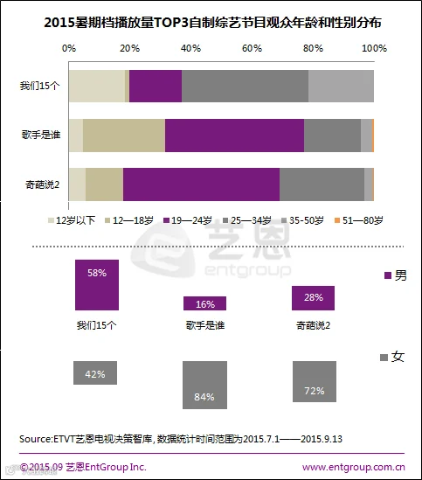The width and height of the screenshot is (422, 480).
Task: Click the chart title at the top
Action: (x=212, y=23)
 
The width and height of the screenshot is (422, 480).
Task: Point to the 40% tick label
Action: (x=190, y=48)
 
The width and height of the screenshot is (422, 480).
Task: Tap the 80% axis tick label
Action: (x=313, y=48)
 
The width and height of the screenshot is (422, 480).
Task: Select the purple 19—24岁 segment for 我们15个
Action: (x=156, y=86)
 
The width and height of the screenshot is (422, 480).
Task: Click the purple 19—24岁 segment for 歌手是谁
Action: (x=234, y=136)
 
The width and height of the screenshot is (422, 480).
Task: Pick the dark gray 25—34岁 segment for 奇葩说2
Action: (x=322, y=184)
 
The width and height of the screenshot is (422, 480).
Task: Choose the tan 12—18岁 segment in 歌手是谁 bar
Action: (x=124, y=136)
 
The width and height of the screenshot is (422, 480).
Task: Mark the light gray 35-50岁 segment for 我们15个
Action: (x=342, y=86)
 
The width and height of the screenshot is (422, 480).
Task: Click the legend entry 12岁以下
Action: (x=72, y=220)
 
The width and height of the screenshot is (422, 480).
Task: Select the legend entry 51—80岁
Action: (x=358, y=220)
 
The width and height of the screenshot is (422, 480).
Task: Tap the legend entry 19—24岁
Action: (x=188, y=220)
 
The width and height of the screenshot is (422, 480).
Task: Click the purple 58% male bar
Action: (x=97, y=285)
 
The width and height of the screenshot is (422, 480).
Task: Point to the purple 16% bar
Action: (x=204, y=303)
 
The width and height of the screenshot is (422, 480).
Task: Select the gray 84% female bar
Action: (x=204, y=385)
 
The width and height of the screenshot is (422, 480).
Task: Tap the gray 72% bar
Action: (x=315, y=381)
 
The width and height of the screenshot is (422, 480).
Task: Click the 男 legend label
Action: (x=396, y=275)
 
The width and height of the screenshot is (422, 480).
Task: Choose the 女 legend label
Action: (x=392, y=357)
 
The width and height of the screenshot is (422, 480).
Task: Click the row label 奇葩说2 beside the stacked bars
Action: (x=42, y=184)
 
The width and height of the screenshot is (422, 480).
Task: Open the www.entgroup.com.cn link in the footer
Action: (x=354, y=467)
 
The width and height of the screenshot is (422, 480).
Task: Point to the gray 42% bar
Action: (x=95, y=372)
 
